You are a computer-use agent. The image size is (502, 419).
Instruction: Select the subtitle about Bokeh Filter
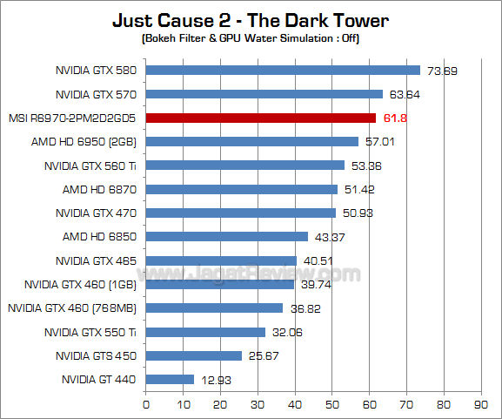tap(250, 40)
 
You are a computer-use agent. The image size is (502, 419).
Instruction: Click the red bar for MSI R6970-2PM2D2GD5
tap(261, 118)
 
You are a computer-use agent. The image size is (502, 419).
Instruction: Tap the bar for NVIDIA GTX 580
tap(283, 71)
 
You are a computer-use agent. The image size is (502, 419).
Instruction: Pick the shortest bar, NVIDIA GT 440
tap(170, 379)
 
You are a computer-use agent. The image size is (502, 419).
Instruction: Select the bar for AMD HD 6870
tap(241, 189)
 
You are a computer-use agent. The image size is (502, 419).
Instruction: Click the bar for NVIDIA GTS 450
tap(193, 355)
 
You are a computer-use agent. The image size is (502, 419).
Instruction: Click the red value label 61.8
tap(396, 118)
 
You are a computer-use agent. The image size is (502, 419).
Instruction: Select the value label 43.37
tap(327, 237)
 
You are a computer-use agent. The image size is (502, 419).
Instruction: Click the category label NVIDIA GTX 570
tap(97, 94)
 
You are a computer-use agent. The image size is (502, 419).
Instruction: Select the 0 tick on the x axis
tap(146, 404)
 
